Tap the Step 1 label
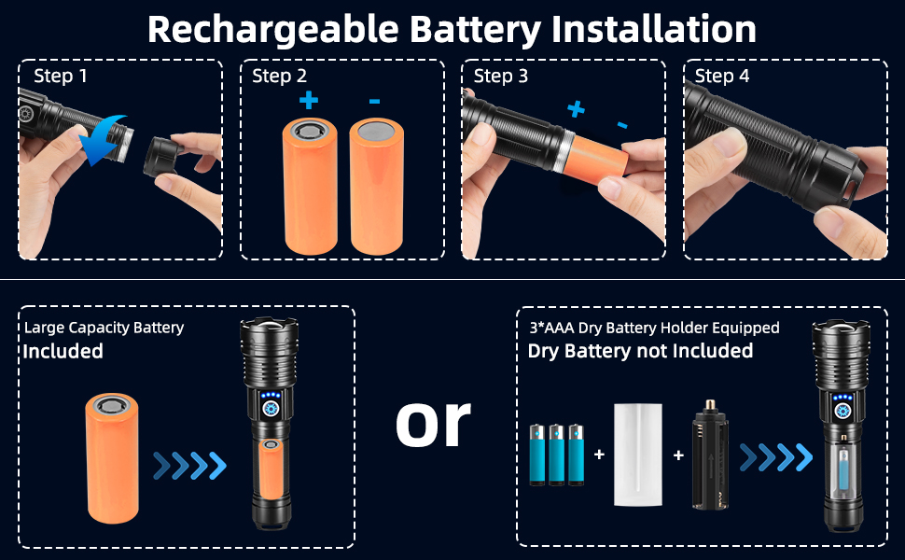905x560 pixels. click(61, 76)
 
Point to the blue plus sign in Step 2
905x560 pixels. click(308, 100)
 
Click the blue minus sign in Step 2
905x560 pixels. click(374, 100)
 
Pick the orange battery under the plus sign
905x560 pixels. click(308, 187)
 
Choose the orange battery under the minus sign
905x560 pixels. click(376, 187)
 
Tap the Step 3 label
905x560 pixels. click(501, 76)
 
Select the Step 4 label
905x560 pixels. click(722, 76)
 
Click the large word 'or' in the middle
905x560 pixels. click(433, 421)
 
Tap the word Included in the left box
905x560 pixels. click(63, 351)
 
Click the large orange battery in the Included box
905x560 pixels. click(112, 457)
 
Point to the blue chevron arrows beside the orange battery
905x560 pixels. click(189, 464)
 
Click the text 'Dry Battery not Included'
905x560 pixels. click(640, 351)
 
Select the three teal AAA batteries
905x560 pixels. click(556, 455)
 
